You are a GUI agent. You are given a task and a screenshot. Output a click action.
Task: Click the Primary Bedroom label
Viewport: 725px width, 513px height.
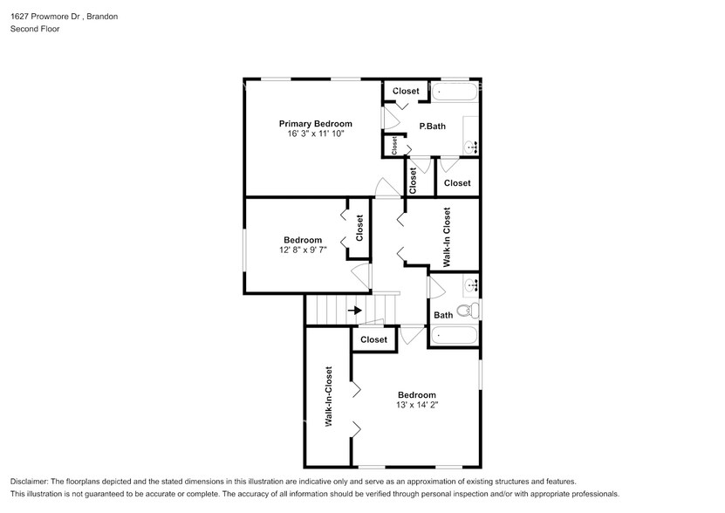point(315,123)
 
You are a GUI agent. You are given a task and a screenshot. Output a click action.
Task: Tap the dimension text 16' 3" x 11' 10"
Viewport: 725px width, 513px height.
point(315,134)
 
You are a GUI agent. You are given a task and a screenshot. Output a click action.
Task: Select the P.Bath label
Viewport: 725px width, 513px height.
point(432,127)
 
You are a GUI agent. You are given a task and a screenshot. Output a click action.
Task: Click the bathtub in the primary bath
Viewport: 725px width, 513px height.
point(455,92)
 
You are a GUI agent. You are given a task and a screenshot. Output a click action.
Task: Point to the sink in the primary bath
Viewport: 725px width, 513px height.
point(471,145)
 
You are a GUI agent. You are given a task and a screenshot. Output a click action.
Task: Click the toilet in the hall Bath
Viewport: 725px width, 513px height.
point(466,310)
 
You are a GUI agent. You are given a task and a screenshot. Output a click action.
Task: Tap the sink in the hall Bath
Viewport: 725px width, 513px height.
point(471,284)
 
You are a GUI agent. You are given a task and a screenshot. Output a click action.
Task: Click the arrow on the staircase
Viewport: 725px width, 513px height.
point(354,310)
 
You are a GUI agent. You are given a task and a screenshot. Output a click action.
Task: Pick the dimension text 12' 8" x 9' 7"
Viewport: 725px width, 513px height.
point(303,251)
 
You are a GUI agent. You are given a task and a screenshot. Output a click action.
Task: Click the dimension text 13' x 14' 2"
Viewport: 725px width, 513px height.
point(416,405)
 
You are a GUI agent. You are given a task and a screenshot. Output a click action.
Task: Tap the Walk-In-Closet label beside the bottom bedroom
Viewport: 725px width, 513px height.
point(329,396)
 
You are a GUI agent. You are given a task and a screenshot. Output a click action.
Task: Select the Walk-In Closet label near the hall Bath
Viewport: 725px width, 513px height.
point(447,236)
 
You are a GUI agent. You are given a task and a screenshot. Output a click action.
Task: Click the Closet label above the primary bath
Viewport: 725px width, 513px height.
point(406,91)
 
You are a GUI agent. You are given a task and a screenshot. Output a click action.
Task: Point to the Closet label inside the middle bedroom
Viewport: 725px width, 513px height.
point(359,228)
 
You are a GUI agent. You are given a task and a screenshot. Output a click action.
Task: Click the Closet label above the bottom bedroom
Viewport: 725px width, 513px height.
point(373,339)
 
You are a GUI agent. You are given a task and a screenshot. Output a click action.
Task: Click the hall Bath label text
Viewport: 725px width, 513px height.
point(443,315)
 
